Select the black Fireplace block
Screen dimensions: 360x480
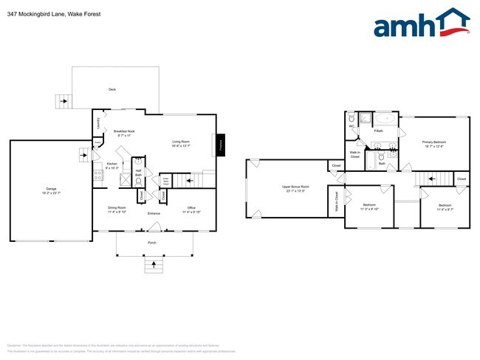[x=220, y=145]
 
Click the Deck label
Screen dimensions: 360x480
[x=112, y=90]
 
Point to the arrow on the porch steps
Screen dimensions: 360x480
[x=154, y=263]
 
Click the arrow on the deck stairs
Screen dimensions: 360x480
[x=62, y=102]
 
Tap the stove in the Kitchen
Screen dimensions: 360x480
[x=97, y=176]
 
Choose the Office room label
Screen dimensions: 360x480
[x=191, y=210]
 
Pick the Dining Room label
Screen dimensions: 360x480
[x=117, y=210]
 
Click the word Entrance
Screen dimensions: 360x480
[x=154, y=214]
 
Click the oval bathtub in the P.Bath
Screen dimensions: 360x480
[x=384, y=119]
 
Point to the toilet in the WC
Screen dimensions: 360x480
[x=352, y=119]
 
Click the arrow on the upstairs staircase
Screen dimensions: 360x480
[x=431, y=179]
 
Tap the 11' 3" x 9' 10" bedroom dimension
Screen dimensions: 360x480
[x=369, y=209]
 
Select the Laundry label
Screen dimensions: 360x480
[x=98, y=125]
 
